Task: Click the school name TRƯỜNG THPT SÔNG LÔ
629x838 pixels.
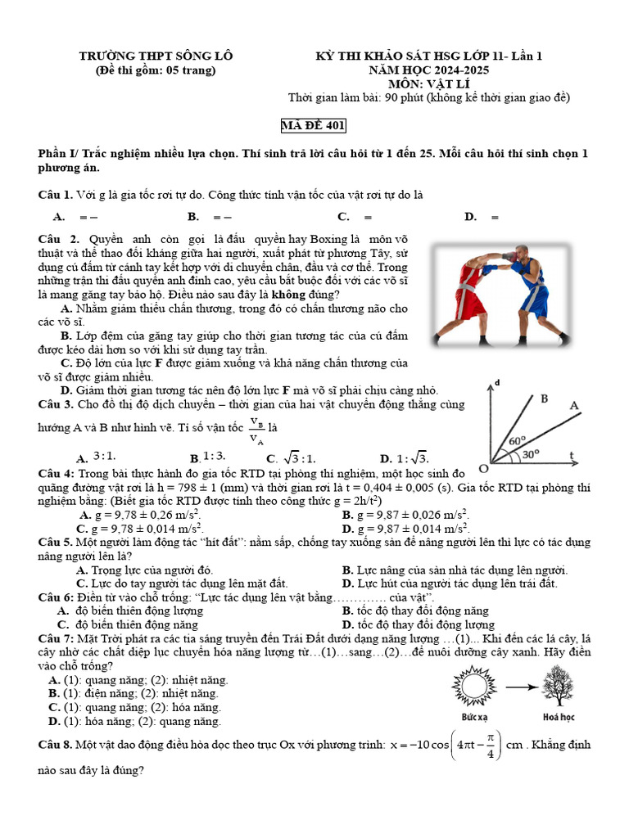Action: pyautogui.click(x=156, y=56)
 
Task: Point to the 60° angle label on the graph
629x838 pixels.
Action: pyautogui.click(x=517, y=440)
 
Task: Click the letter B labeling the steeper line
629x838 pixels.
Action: pyautogui.click(x=543, y=399)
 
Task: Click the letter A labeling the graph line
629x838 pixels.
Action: pyautogui.click(x=573, y=406)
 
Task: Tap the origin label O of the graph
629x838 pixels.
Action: pyautogui.click(x=483, y=469)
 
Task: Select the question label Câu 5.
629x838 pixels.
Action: pyautogui.click(x=56, y=542)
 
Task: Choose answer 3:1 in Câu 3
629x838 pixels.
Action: pyautogui.click(x=104, y=457)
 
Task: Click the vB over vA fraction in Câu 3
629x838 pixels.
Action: pyautogui.click(x=257, y=430)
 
